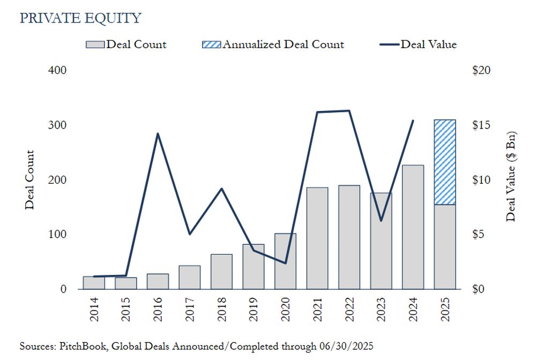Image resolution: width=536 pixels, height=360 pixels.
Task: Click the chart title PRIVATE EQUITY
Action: (80, 18)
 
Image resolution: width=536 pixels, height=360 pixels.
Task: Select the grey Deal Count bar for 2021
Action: (317, 238)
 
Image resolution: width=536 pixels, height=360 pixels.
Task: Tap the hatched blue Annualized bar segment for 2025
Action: (445, 162)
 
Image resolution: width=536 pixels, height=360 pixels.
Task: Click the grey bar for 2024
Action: (413, 227)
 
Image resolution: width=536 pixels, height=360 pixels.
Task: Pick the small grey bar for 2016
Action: (158, 281)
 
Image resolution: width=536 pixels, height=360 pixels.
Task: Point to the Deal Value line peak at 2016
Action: (158, 133)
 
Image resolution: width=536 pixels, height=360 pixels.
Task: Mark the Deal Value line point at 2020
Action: (285, 263)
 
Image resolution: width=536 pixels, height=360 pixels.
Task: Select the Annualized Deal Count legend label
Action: (283, 44)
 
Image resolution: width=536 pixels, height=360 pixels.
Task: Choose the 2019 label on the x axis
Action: (253, 310)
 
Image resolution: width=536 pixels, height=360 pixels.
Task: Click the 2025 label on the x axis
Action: (445, 310)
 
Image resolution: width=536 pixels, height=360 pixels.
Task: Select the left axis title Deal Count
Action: (29, 179)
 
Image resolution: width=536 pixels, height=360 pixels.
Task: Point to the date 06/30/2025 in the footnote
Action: (345, 347)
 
